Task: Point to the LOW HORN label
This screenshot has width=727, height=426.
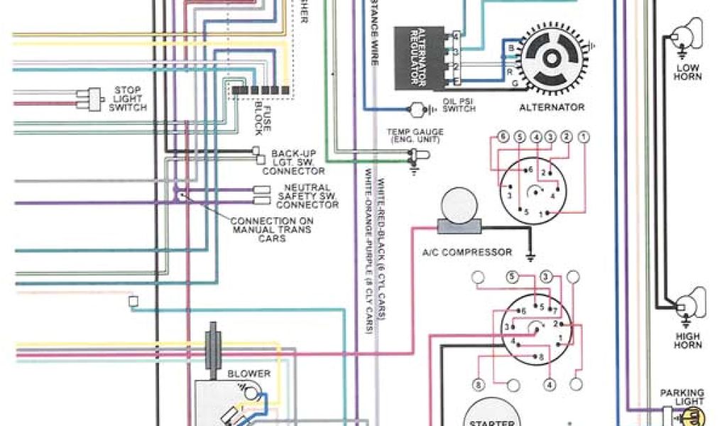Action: pos(687,72)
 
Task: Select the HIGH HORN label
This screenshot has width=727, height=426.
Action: pos(687,341)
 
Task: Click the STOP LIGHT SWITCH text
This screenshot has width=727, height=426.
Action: pos(128,99)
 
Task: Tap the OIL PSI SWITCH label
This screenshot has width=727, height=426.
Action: pos(459,105)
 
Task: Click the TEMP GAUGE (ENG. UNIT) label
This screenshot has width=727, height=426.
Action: pos(415,136)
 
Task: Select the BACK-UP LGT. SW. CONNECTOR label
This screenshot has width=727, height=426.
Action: pos(293,162)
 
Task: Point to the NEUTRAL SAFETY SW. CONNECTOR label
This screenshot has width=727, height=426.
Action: pos(307,196)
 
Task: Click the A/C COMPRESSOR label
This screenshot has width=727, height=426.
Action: pos(466,252)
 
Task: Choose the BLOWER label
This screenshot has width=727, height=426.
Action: pos(248,373)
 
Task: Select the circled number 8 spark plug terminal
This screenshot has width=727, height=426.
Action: pos(479,385)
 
